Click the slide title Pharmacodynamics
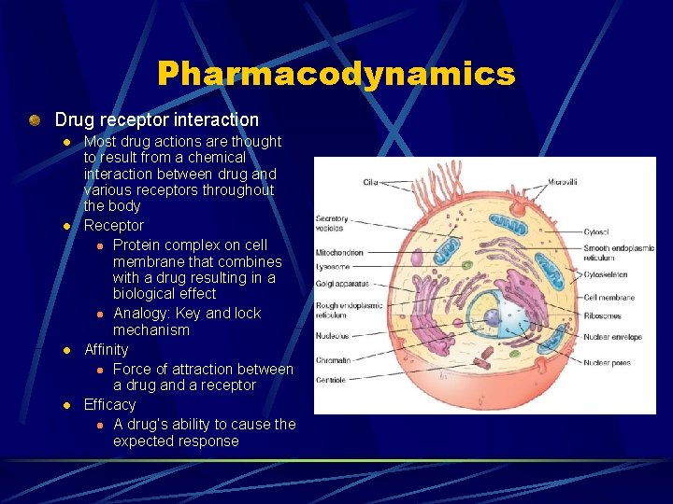pyautogui.click(x=336, y=74)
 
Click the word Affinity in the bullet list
pyautogui.click(x=106, y=350)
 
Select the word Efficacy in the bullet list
pyautogui.click(x=109, y=405)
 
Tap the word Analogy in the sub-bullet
pyautogui.click(x=140, y=314)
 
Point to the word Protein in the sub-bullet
pyautogui.click(x=137, y=245)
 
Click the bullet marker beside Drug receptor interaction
pyautogui.click(x=35, y=119)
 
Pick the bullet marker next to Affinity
pyautogui.click(x=66, y=351)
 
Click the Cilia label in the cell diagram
pyautogui.click(x=370, y=182)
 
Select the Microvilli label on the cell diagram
pyautogui.click(x=562, y=182)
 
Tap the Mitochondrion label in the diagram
pyautogui.click(x=339, y=252)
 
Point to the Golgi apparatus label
pyautogui.click(x=342, y=282)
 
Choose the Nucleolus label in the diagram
pyautogui.click(x=332, y=335)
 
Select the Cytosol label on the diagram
pyautogui.click(x=595, y=231)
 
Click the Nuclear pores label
pyautogui.click(x=607, y=363)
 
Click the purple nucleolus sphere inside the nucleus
pyautogui.click(x=492, y=318)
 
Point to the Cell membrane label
pyautogui.click(x=609, y=298)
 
